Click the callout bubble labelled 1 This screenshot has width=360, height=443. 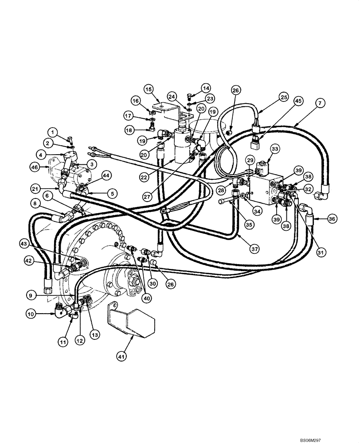53,132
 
